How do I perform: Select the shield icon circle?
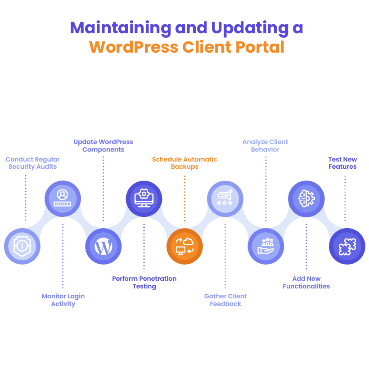(22, 246)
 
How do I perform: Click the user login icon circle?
(63, 198)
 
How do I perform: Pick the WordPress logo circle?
(103, 246)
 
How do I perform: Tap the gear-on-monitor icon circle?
(144, 198)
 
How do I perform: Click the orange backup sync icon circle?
(184, 246)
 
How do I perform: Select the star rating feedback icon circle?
(225, 198)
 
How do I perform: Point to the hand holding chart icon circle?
(266, 246)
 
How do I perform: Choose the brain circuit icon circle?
(306, 198)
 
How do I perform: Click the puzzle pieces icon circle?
(347, 246)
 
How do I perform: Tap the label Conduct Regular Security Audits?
(33, 163)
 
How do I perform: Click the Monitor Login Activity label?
(63, 300)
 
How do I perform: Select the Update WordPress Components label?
(103, 145)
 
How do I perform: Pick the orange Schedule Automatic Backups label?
(184, 163)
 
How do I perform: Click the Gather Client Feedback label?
(225, 300)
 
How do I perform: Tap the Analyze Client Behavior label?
(265, 145)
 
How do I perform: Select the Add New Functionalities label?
(306, 282)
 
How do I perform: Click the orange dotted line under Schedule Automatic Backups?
(184, 198)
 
